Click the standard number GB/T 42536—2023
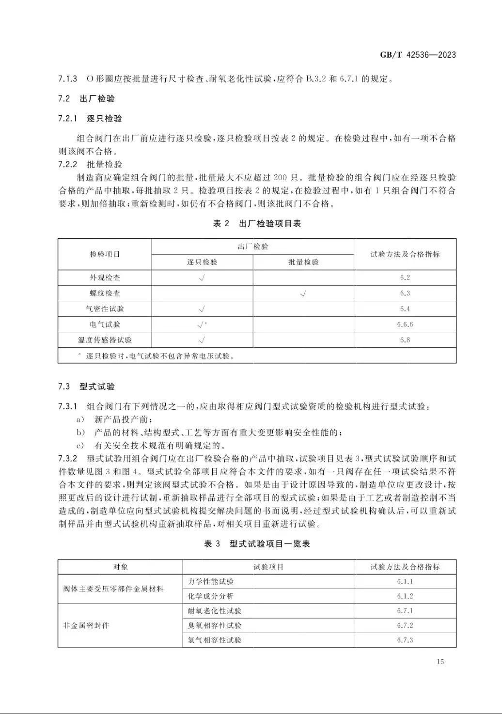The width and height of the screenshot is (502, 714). click(417, 55)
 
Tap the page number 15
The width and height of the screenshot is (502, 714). click(440, 662)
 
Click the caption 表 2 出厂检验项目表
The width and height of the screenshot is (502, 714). click(257, 224)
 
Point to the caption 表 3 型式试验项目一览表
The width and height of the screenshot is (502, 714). click(257, 544)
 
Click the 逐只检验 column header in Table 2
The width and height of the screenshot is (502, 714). click(202, 262)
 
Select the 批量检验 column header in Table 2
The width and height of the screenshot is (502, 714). click(303, 262)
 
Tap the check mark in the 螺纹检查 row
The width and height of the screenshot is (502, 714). click(303, 293)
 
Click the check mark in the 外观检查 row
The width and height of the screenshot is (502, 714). click(202, 278)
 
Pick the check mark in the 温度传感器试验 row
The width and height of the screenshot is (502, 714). click(202, 340)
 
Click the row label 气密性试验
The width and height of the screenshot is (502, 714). click(105, 309)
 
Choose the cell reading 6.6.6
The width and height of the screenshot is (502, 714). click(405, 324)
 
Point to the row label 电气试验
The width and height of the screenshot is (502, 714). click(105, 324)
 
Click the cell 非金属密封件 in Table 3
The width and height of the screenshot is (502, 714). click(86, 625)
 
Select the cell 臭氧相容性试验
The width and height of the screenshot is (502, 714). click(214, 625)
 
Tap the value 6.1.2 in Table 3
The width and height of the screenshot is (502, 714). click(405, 596)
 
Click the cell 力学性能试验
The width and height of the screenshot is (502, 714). click(210, 582)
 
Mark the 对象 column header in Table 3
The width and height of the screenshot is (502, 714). click(120, 567)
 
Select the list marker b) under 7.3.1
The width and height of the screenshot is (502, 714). click(80, 433)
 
